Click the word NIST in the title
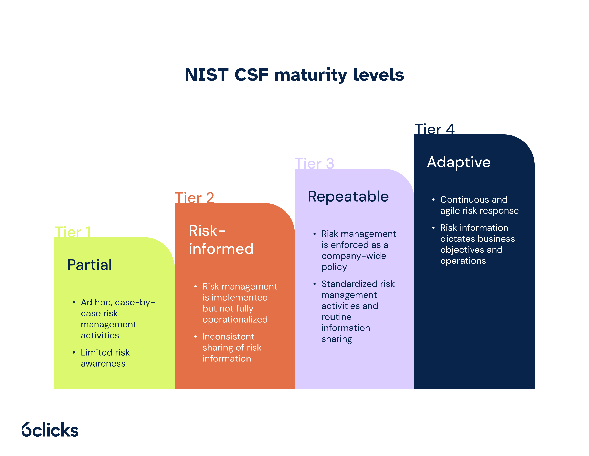206,75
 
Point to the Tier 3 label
314,164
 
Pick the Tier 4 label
434,129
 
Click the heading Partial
89,265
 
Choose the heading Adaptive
459,162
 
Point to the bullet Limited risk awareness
105,358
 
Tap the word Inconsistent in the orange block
228,336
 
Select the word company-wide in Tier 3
353,256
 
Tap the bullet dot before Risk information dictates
433,228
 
